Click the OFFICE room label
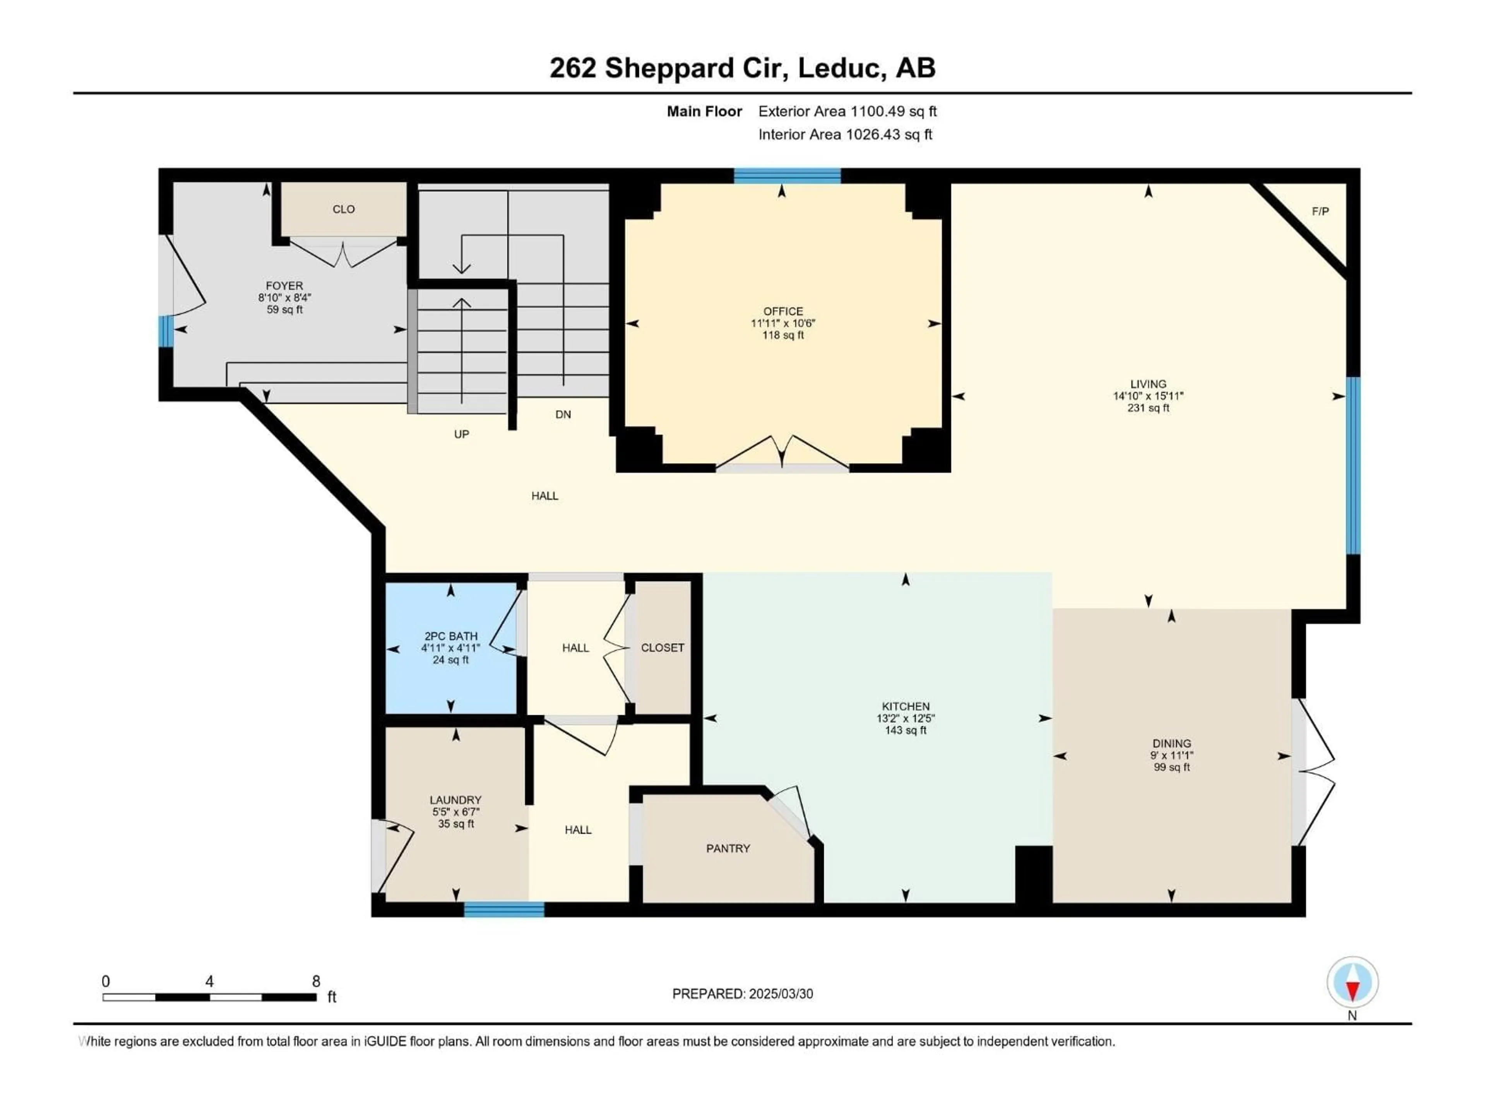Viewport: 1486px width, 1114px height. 782,311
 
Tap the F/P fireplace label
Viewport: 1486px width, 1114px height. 1320,212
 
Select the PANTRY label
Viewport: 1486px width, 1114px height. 728,848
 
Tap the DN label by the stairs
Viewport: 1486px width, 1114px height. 563,414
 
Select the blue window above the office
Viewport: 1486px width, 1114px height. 787,176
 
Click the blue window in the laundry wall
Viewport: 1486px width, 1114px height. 504,909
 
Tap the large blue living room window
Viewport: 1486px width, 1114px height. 1354,465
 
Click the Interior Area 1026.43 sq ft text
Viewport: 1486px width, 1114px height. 845,134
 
